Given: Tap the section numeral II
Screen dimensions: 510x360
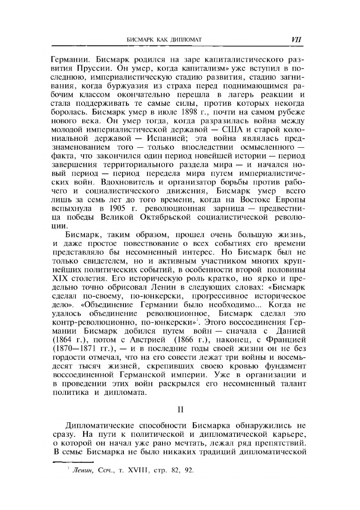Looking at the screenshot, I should point(180,409).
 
